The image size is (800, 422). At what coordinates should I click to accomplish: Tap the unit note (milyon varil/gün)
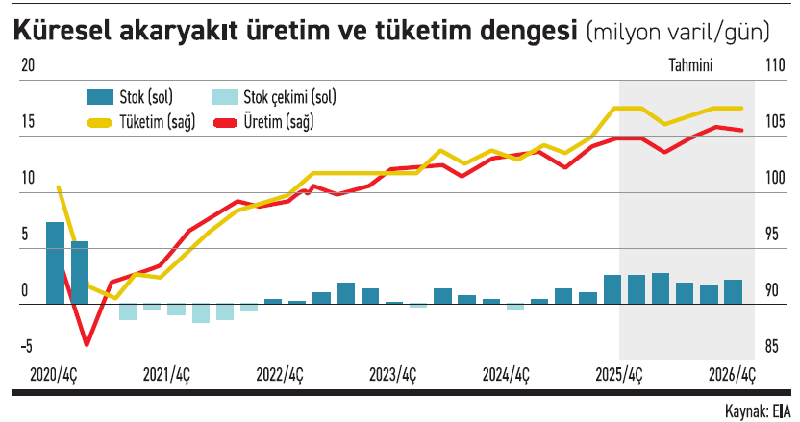678,32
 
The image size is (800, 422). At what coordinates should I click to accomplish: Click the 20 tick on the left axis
28,65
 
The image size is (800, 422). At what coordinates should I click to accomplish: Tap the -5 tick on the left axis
28,346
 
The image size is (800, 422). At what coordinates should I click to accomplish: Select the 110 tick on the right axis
775,65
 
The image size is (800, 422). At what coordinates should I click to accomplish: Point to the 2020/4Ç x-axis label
54,375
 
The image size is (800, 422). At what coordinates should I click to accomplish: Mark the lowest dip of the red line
87,343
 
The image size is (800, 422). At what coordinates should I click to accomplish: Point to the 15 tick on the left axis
27,122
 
